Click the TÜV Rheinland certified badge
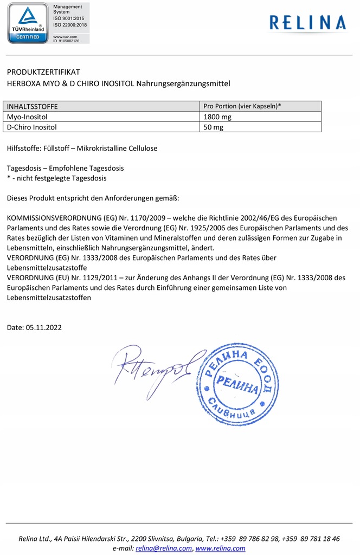pos(28,23)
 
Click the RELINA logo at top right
pos(307,22)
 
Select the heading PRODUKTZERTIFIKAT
pos(43,72)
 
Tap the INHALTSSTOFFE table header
pos(33,107)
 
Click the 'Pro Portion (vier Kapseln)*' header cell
pos(242,106)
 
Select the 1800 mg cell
pos(217,117)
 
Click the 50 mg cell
pos(214,127)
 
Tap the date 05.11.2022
pos(44,327)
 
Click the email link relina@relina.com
pos(164,548)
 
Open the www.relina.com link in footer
pos(220,548)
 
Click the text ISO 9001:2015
pos(70,19)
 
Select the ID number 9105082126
pos(69,41)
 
